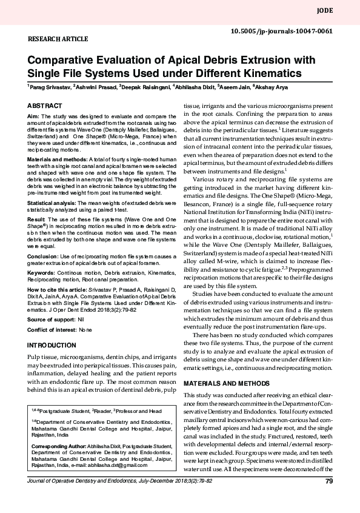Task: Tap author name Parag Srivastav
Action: click(49, 87)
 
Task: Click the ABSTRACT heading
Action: click(44, 105)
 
